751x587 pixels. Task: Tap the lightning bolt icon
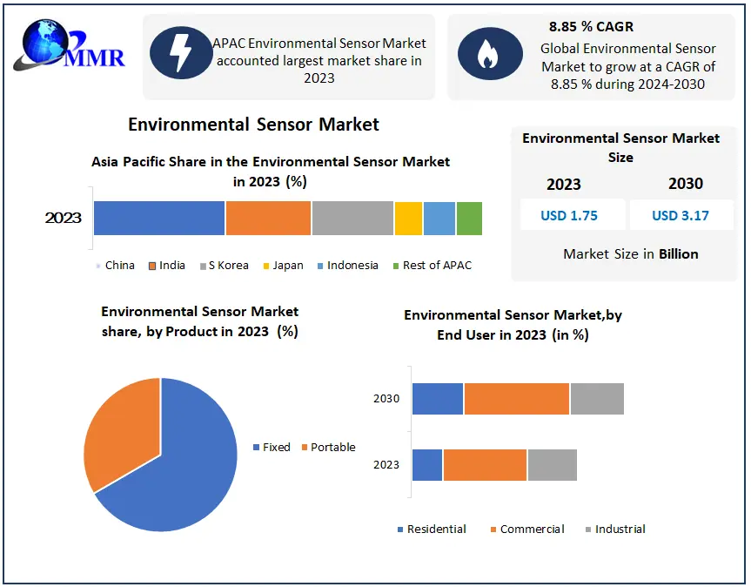[x=181, y=52]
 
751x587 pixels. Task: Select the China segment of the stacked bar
[x=159, y=218]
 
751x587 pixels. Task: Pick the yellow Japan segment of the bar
[x=408, y=218]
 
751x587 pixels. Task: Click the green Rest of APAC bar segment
[x=469, y=218]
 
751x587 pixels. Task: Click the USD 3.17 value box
[x=681, y=215]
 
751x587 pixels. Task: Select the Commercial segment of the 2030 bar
[x=517, y=399]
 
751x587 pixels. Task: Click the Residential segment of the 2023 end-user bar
[x=427, y=465]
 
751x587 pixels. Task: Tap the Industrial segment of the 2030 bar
[x=597, y=399]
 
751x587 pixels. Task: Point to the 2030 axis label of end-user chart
[x=386, y=399]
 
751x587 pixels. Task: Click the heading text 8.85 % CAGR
[x=591, y=27]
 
